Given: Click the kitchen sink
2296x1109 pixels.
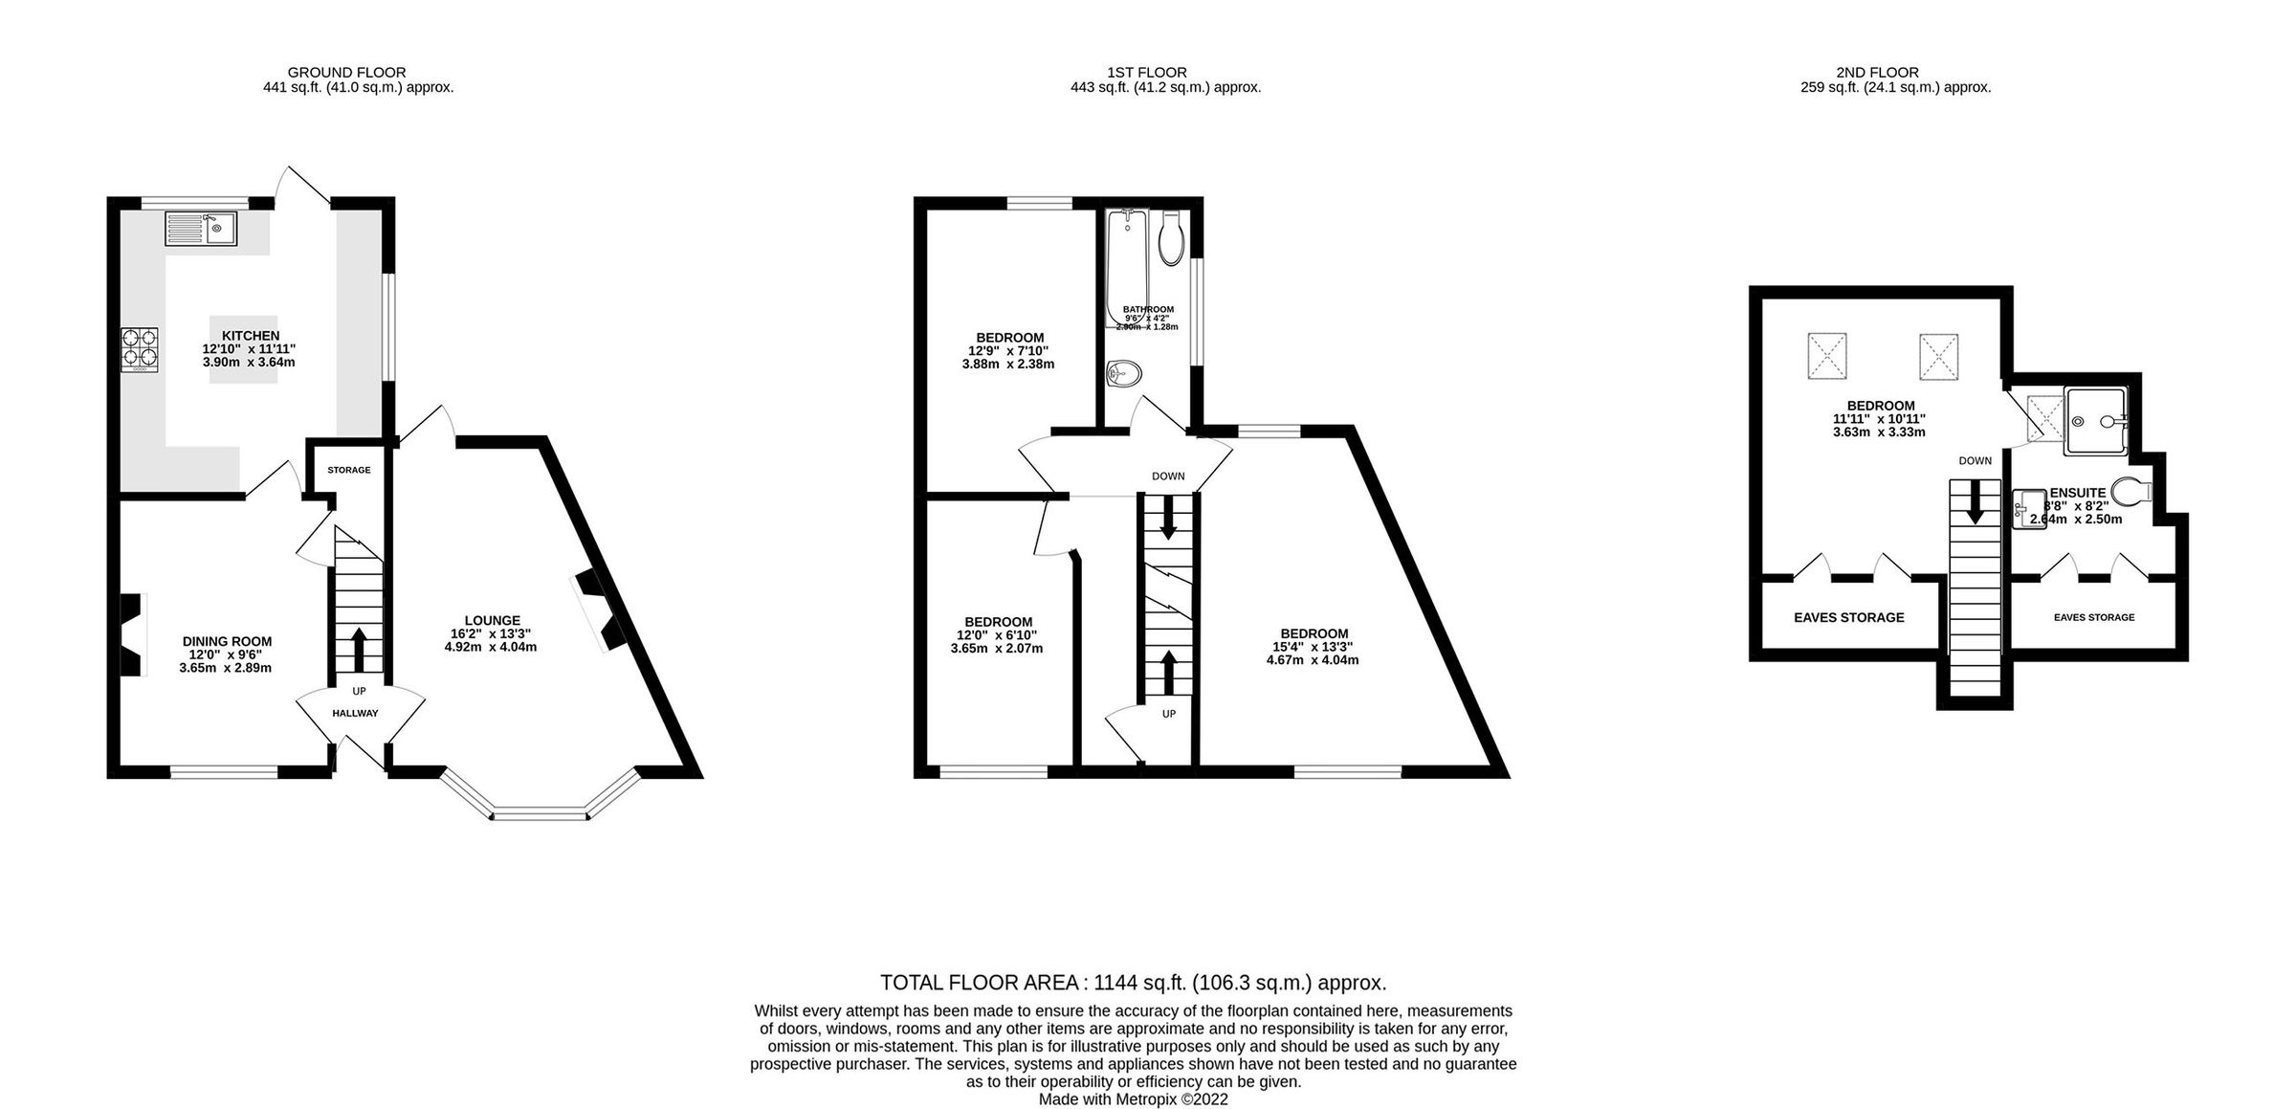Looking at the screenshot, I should pyautogui.click(x=201, y=229).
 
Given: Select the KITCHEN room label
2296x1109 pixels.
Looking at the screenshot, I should pyautogui.click(x=251, y=336).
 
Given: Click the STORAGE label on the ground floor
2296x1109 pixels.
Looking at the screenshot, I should pyautogui.click(x=348, y=470).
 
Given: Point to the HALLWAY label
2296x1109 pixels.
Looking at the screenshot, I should pyautogui.click(x=355, y=713).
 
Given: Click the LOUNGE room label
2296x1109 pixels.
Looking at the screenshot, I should pyautogui.click(x=492, y=620).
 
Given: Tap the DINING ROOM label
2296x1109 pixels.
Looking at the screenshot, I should pyautogui.click(x=227, y=641).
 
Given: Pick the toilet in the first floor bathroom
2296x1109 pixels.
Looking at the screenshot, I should pyautogui.click(x=1171, y=239).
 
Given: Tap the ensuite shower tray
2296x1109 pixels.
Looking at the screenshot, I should pyautogui.click(x=2093, y=421).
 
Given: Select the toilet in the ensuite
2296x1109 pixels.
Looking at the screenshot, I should pyautogui.click(x=2130, y=492).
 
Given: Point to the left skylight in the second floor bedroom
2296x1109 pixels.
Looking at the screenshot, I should pyautogui.click(x=1827, y=356).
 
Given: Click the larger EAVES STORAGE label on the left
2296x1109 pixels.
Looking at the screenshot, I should pyautogui.click(x=1848, y=617).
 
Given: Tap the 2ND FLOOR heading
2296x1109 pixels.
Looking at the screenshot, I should pyautogui.click(x=1877, y=72).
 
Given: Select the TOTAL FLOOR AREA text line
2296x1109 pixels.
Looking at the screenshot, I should pyautogui.click(x=1133, y=983).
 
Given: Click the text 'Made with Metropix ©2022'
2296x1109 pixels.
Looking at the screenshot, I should pyautogui.click(x=1133, y=1099).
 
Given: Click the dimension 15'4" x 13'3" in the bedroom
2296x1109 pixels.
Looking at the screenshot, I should pyautogui.click(x=1314, y=647).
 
